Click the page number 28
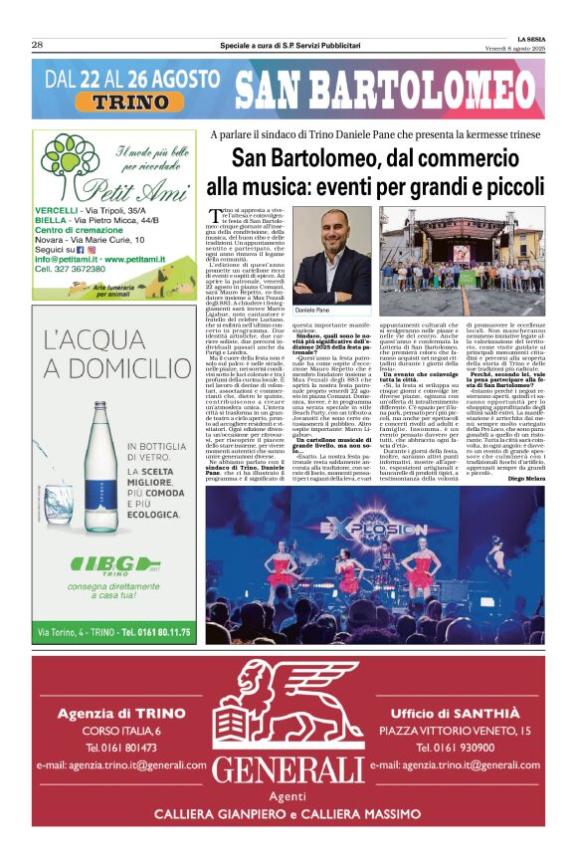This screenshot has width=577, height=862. (x=37, y=44)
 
